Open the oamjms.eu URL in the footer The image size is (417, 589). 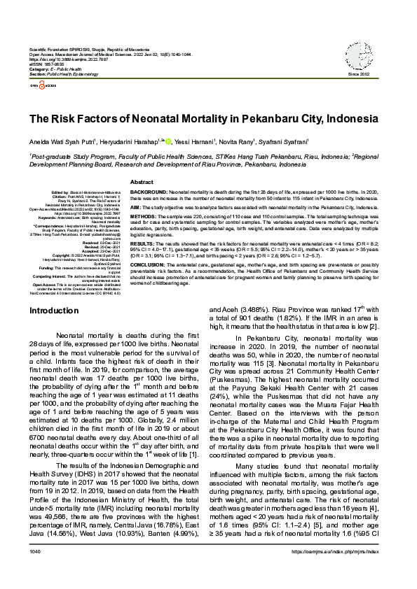[348, 572]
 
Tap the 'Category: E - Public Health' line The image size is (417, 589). [58, 70]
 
